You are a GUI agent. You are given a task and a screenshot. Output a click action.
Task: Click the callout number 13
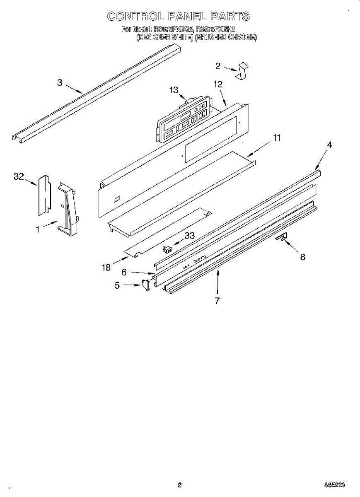[x=174, y=90]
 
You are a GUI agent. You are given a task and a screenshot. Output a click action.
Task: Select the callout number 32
[x=19, y=176]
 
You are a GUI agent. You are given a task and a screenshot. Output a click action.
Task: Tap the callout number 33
[x=189, y=236]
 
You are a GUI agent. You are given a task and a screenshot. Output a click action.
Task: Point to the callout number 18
[x=106, y=268]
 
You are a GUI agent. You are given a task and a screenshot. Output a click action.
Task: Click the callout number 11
[x=277, y=138]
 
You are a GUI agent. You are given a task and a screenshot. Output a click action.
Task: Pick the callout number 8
[x=303, y=257]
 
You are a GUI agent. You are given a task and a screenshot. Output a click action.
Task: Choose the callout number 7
[x=217, y=301]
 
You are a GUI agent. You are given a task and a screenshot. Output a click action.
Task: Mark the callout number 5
[x=117, y=285]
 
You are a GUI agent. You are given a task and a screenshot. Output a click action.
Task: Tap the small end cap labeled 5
[x=145, y=285]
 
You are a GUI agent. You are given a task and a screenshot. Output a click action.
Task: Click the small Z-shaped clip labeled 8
[x=282, y=237]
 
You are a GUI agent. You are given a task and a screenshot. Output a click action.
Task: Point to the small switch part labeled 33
[x=167, y=249]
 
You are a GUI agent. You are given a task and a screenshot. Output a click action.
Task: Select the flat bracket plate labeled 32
[x=44, y=195]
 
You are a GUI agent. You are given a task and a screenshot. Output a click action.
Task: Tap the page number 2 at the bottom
[x=179, y=485]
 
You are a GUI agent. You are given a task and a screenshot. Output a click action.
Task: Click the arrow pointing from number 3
[x=74, y=88]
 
